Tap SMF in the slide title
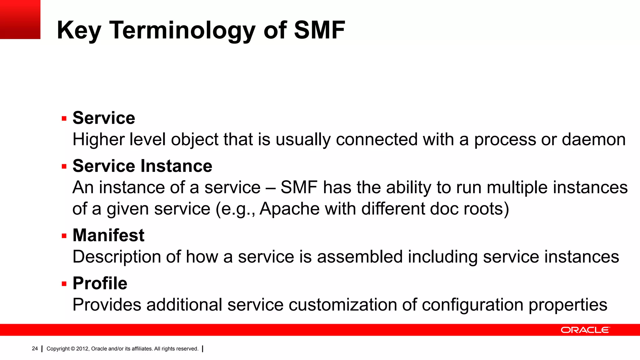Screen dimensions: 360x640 319,30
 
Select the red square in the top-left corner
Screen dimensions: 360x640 20,19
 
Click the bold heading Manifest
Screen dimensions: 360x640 108,235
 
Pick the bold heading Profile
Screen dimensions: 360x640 100,283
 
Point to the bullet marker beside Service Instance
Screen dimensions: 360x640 64,167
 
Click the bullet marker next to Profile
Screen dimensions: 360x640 64,284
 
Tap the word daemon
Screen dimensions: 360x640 593,139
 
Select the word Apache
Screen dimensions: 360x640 289,209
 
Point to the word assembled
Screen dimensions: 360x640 360,257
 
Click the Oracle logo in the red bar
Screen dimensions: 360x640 585,330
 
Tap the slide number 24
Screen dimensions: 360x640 35,348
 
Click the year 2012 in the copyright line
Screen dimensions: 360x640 82,349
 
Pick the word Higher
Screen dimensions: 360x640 98,139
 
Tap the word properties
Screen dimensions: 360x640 567,305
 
